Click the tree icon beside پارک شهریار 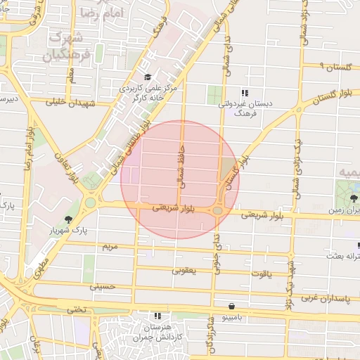click(x=68, y=219)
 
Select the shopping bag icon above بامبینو click(x=232, y=306)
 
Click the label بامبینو click(x=232, y=317)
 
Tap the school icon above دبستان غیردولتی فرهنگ click(x=244, y=93)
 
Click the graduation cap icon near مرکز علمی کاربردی click(x=147, y=77)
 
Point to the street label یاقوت click(x=260, y=276)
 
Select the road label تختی click(x=75, y=309)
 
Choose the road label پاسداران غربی click(x=326, y=299)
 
